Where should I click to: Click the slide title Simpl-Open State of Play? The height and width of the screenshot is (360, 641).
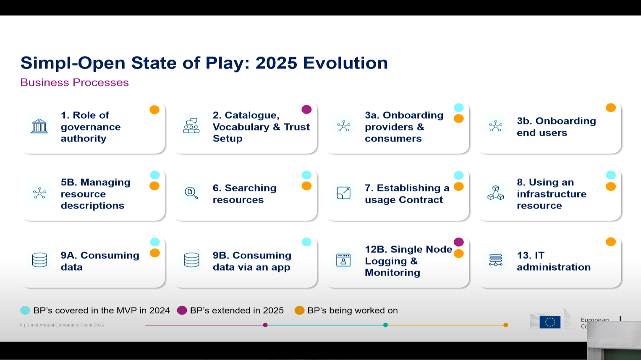[204, 63]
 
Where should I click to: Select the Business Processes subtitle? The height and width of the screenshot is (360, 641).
[74, 82]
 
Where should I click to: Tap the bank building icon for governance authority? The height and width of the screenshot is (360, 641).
[39, 126]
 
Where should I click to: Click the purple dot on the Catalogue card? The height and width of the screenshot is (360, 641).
[306, 110]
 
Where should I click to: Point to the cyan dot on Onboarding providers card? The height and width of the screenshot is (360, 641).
[459, 108]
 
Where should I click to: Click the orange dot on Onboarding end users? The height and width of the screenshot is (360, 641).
[611, 108]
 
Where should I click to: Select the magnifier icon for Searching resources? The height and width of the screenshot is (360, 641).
[191, 193]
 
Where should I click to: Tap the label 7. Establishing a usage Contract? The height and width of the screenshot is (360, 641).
[407, 194]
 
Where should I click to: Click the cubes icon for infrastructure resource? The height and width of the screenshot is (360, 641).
[495, 193]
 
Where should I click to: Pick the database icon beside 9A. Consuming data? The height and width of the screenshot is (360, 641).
[39, 260]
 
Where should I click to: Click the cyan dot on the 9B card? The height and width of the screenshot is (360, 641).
[306, 242]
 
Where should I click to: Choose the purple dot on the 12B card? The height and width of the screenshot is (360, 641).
[459, 242]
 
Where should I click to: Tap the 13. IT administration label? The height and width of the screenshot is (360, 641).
[553, 261]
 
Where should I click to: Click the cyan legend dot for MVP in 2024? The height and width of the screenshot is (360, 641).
[25, 310]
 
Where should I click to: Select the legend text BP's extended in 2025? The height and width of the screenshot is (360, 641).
[237, 310]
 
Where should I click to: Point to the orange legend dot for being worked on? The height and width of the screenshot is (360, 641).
[299, 310]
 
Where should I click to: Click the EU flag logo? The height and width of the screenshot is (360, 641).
[550, 322]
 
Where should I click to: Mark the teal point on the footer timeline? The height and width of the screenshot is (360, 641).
[385, 325]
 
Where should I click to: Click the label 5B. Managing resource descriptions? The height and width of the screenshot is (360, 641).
[95, 194]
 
